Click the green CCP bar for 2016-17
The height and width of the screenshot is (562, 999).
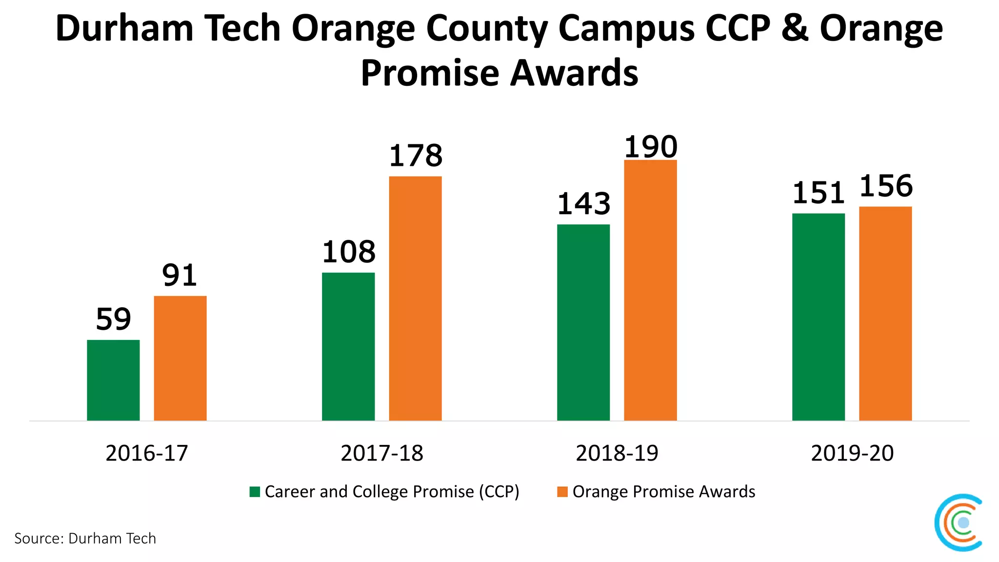(x=113, y=380)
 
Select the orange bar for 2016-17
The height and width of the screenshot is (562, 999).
(x=180, y=358)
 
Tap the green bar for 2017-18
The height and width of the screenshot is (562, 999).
(x=348, y=346)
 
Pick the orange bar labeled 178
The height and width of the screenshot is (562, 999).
(x=415, y=298)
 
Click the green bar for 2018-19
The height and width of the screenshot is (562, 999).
(x=583, y=322)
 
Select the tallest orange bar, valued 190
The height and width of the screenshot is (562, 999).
(x=650, y=290)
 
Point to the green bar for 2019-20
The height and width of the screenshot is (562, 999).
(x=818, y=317)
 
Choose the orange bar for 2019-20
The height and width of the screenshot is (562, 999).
(x=885, y=313)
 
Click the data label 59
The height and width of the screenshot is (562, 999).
(x=113, y=320)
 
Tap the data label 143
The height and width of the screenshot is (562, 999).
(x=583, y=204)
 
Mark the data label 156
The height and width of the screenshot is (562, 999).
(x=886, y=186)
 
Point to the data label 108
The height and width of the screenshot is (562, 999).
(x=348, y=252)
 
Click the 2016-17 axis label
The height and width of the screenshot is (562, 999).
(x=146, y=453)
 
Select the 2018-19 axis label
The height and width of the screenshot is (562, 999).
(x=617, y=453)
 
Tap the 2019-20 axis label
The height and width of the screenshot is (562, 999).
(x=852, y=453)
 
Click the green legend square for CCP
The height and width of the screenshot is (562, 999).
(x=255, y=492)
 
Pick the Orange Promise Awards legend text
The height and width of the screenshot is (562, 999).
(x=663, y=492)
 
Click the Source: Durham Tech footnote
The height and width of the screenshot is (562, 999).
(x=85, y=539)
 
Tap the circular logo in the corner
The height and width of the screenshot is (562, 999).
(x=958, y=522)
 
